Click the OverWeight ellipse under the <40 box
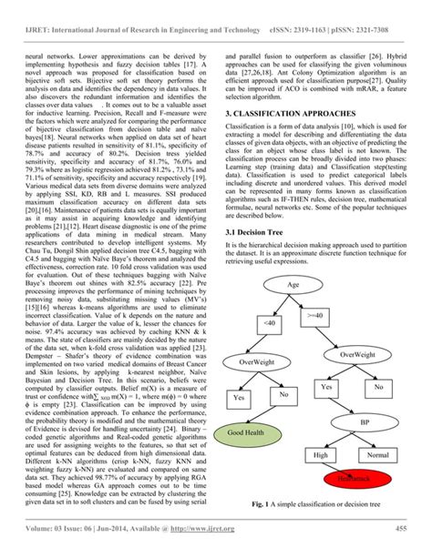pyautogui.click(x=259, y=361)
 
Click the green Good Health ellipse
pyautogui.click(x=246, y=433)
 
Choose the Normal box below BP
pyautogui.click(x=375, y=454)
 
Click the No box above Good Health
pyautogui.click(x=283, y=394)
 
